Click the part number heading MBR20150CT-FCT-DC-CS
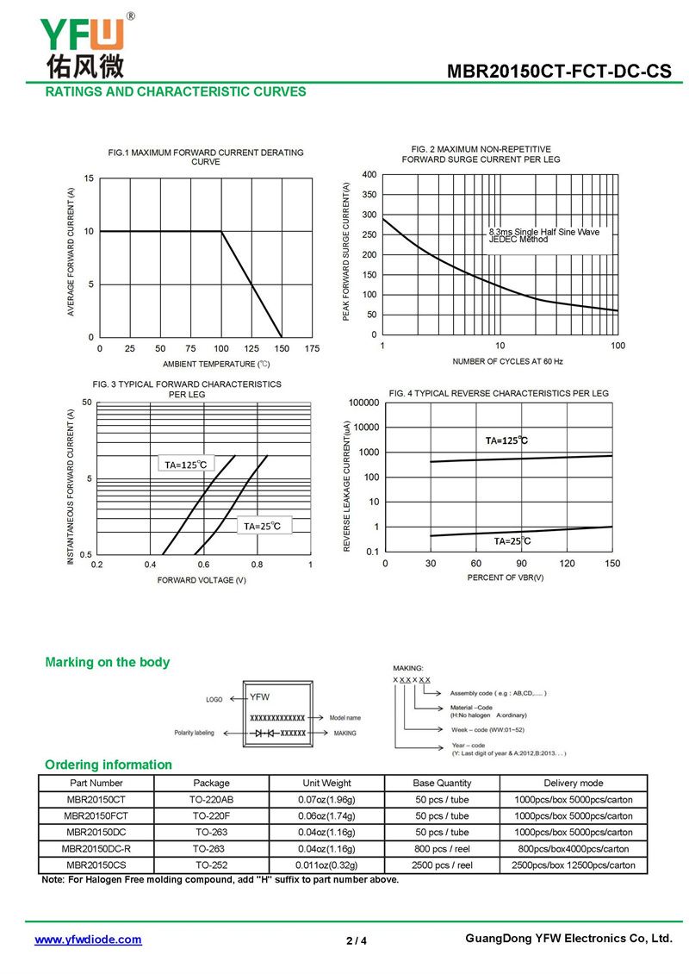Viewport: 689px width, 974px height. click(x=558, y=72)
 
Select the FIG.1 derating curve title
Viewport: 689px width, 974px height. click(x=206, y=157)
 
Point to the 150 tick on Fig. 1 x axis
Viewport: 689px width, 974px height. click(x=282, y=348)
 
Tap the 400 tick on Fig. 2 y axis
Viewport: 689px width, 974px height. click(x=369, y=175)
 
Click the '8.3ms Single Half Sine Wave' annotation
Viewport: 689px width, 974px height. click(x=543, y=232)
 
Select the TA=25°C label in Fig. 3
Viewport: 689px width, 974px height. click(x=262, y=526)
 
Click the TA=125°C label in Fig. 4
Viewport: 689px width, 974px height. click(x=506, y=440)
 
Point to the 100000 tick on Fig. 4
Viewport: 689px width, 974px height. click(x=363, y=403)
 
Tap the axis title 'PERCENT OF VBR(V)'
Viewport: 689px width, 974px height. click(x=506, y=578)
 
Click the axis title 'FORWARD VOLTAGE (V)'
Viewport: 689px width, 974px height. click(x=202, y=580)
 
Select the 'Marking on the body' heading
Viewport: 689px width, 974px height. click(x=108, y=662)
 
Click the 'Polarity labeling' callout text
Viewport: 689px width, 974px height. click(x=194, y=733)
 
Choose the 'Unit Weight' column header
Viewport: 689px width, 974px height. click(x=326, y=783)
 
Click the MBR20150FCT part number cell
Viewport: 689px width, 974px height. click(x=96, y=815)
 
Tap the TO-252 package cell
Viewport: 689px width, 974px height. click(x=211, y=865)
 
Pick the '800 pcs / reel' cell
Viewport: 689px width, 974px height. click(x=442, y=848)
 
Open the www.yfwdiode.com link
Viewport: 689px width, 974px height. click(x=88, y=940)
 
